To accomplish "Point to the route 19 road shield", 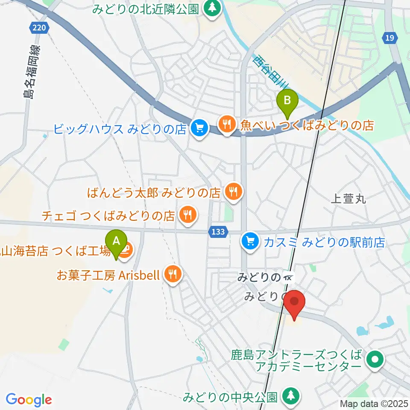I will pyautogui.click(x=389, y=38).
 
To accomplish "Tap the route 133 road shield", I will pyautogui.click(x=218, y=231).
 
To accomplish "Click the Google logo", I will pyautogui.click(x=29, y=400).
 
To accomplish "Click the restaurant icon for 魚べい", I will pyautogui.click(x=226, y=124).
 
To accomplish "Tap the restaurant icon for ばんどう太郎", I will pyautogui.click(x=233, y=191).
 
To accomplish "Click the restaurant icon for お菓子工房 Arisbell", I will pyautogui.click(x=173, y=273).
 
